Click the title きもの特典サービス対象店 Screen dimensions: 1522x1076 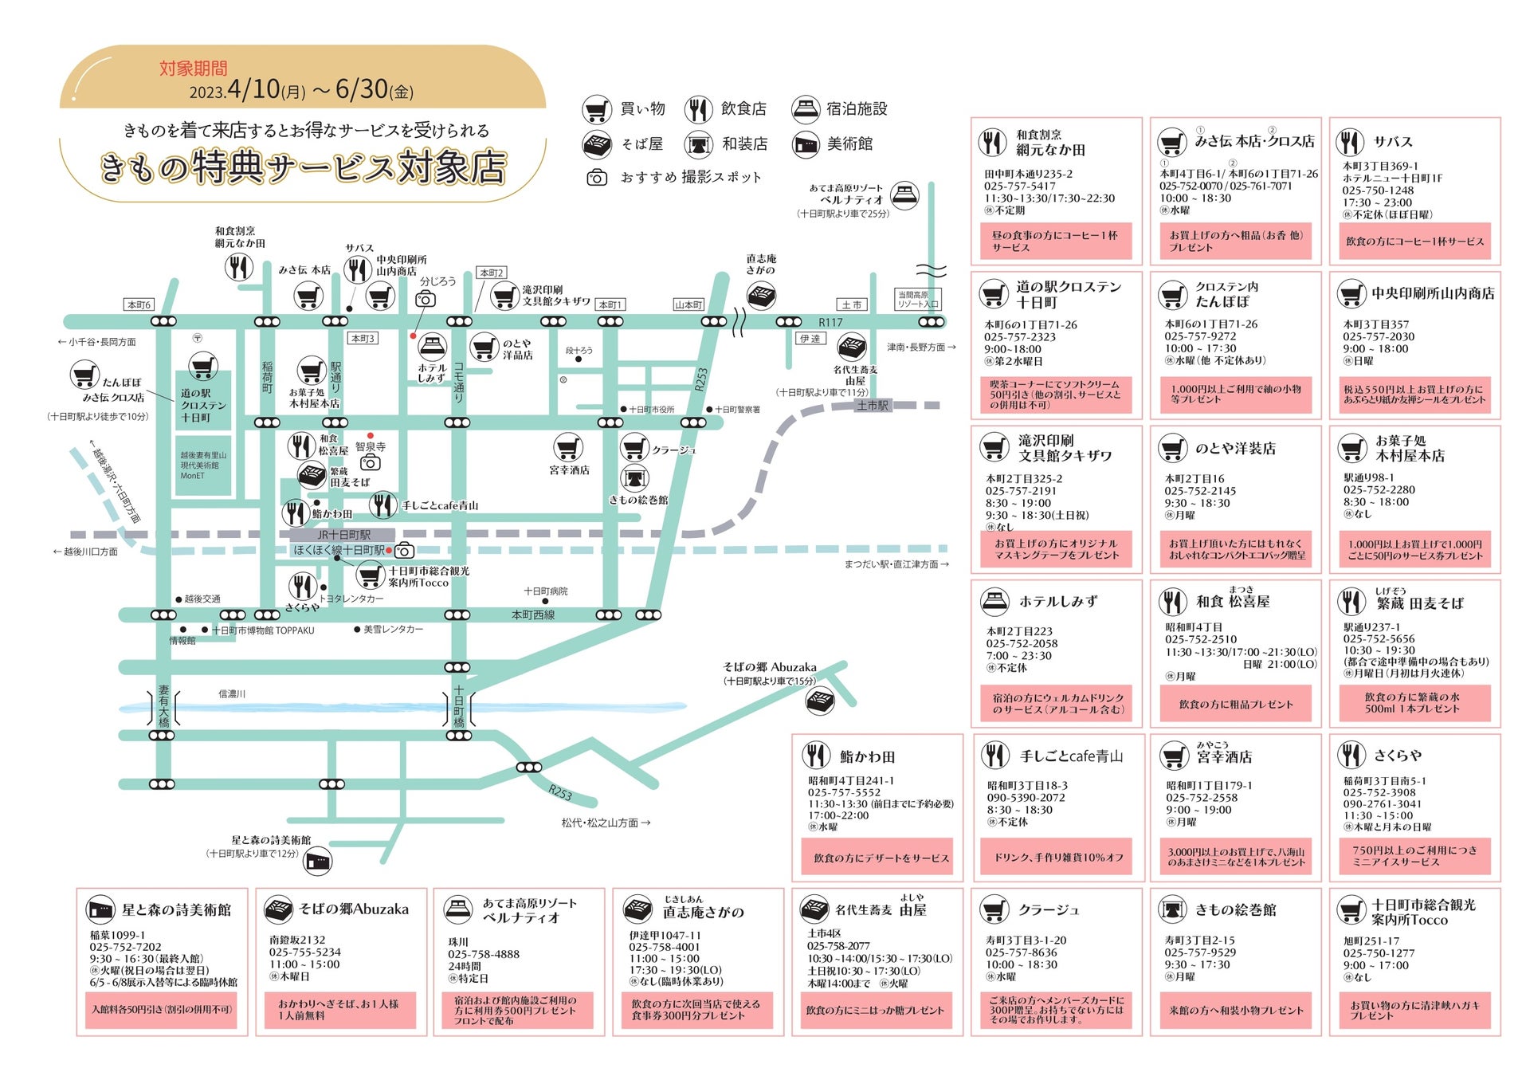[x=304, y=167]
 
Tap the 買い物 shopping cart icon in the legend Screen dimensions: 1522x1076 [x=596, y=109]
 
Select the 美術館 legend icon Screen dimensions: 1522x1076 [x=806, y=144]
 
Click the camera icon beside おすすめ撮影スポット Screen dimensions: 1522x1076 [x=596, y=178]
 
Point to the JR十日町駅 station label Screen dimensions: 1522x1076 [x=343, y=535]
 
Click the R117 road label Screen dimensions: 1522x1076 [x=830, y=323]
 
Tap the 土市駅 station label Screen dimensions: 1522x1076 [x=873, y=406]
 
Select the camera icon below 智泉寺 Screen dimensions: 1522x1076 [x=371, y=463]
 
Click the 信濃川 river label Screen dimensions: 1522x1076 [x=232, y=694]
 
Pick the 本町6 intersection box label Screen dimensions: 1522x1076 [x=139, y=304]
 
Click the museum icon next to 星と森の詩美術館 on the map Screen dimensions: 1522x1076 [x=318, y=861]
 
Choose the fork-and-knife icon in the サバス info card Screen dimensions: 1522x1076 [x=1350, y=143]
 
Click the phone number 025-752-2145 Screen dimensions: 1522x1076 [x=1200, y=491]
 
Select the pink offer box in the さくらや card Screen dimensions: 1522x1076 [x=1414, y=856]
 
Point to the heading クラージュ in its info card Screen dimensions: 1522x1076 [x=1048, y=909]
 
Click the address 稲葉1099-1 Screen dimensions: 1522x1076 [x=118, y=935]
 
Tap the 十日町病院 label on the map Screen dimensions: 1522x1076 [x=546, y=591]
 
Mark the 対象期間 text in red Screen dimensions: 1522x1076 [x=193, y=69]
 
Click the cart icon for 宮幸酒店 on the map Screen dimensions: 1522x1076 [x=568, y=447]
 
